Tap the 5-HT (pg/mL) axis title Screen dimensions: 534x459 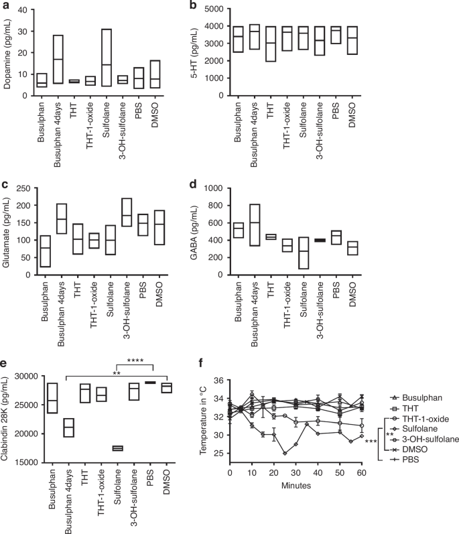237,53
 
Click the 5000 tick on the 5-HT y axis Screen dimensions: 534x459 263,10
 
